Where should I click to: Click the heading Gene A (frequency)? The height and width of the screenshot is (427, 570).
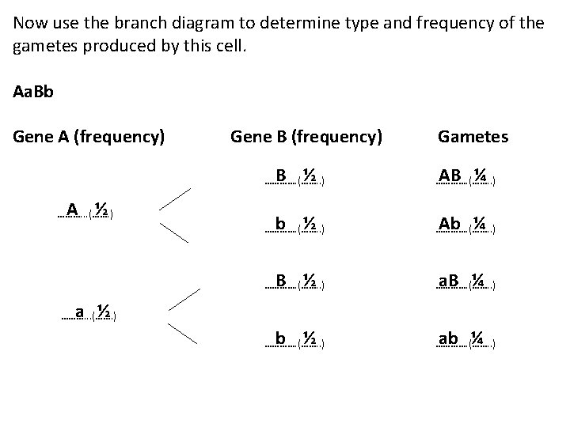pos(89,137)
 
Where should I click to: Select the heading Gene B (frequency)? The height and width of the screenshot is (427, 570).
pos(306,137)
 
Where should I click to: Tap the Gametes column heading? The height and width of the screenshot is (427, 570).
pos(473,137)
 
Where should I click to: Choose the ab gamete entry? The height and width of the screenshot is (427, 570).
pos(465,339)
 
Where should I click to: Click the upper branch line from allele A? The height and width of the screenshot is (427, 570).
pos(175,198)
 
